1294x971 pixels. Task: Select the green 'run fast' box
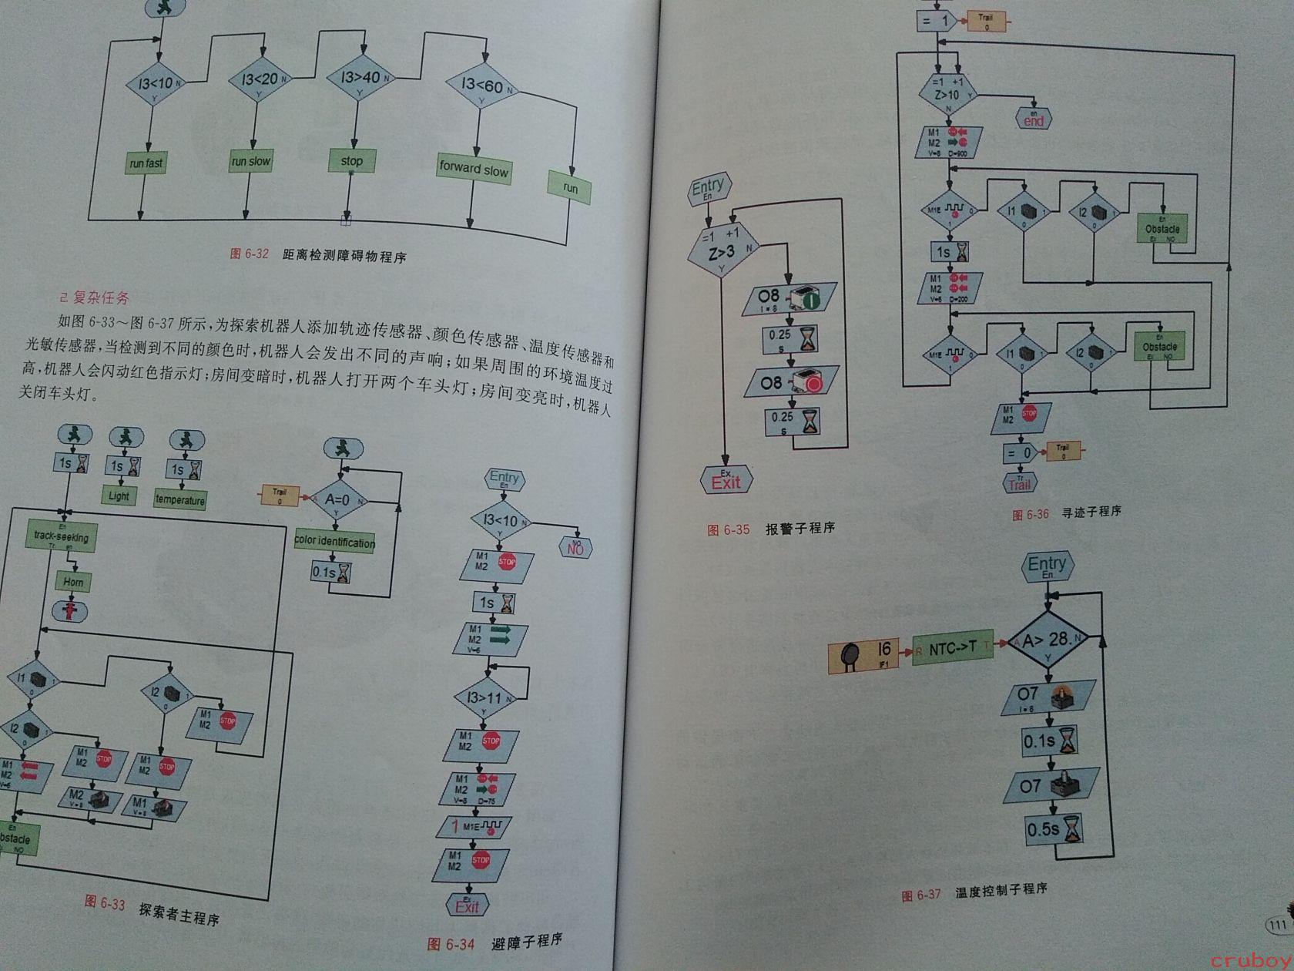tap(146, 163)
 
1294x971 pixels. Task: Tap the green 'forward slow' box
tap(474, 170)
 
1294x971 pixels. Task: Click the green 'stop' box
tap(351, 161)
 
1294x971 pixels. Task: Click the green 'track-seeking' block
tap(61, 536)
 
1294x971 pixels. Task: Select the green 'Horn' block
tap(73, 582)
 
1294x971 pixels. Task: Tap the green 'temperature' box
tap(180, 499)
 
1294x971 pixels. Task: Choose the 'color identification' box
tap(334, 542)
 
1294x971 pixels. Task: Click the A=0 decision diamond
tap(337, 499)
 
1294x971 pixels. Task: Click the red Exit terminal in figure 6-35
tap(726, 482)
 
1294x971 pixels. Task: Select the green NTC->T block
tap(952, 649)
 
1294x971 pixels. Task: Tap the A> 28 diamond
tap(1047, 639)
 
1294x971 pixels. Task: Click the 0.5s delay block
tap(1053, 829)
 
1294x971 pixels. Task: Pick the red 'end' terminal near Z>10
tap(1034, 120)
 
